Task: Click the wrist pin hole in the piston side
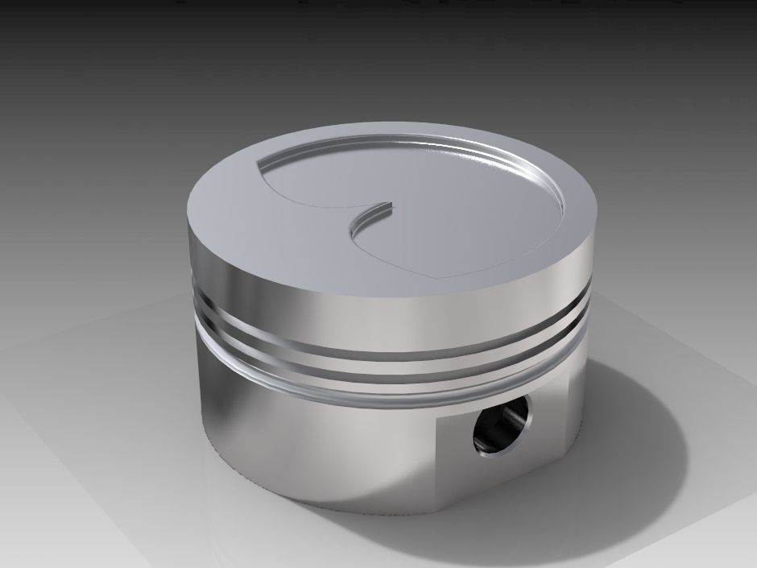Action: [502, 424]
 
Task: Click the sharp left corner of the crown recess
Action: [256, 166]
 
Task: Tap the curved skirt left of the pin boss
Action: [306, 443]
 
